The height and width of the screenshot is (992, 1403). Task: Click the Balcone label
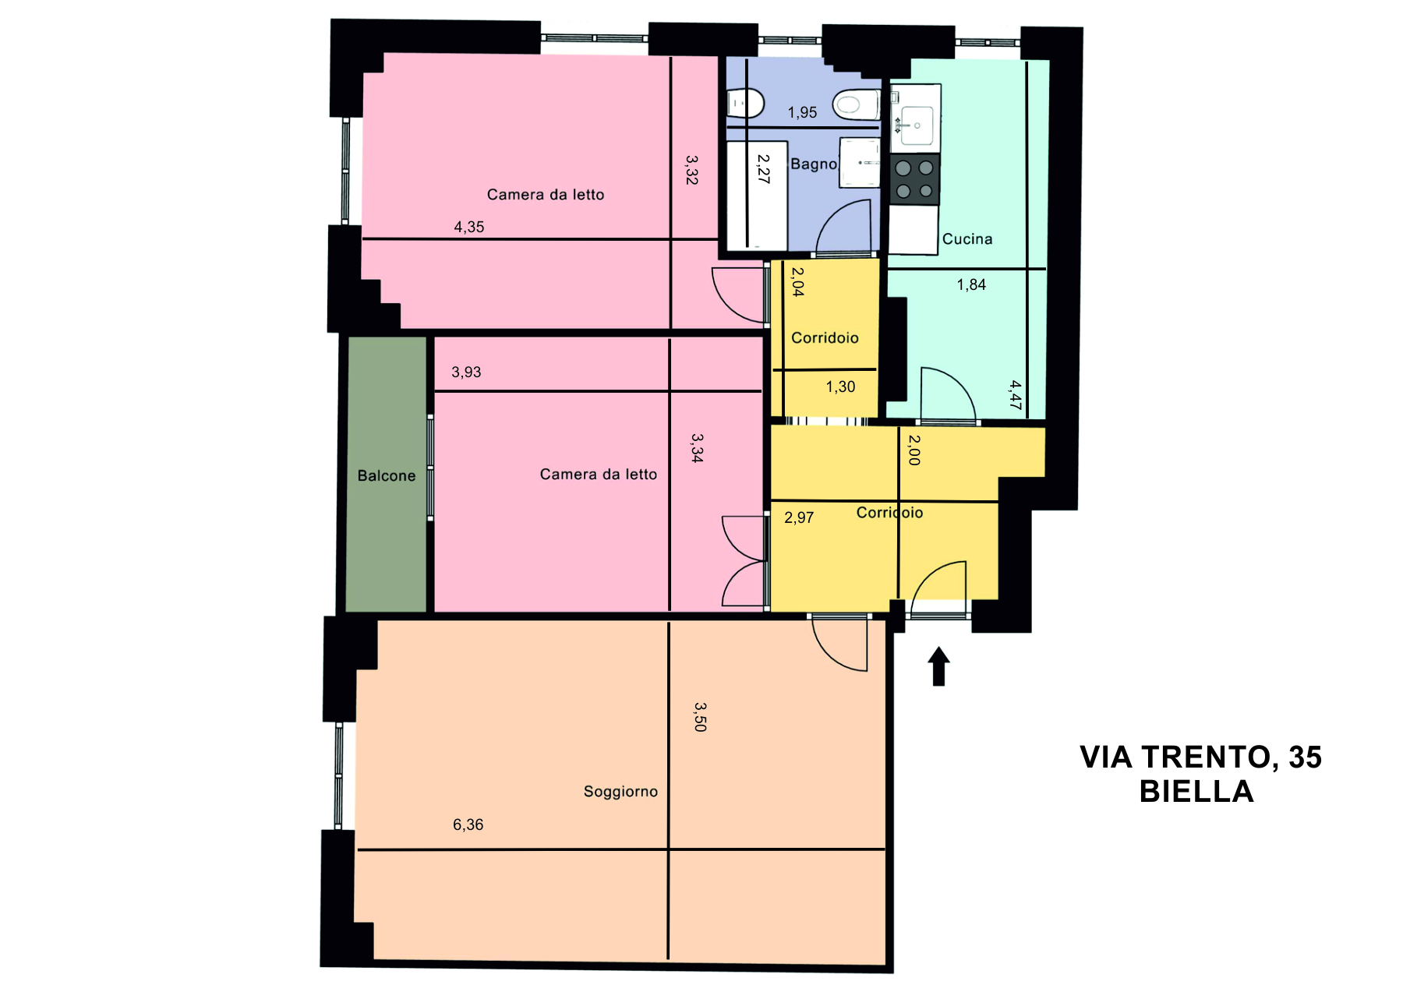(x=387, y=475)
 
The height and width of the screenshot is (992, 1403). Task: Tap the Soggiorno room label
(x=620, y=792)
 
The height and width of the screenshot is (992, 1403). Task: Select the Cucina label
(x=967, y=239)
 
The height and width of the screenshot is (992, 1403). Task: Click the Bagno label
(x=814, y=164)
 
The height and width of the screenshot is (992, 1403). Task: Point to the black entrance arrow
(x=938, y=666)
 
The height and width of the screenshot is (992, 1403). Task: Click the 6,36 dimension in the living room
(x=468, y=824)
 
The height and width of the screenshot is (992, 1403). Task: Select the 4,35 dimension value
(x=469, y=227)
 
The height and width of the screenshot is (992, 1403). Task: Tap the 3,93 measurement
(x=466, y=372)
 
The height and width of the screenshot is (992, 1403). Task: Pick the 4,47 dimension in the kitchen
(x=1015, y=395)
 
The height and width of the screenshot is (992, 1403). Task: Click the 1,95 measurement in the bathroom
(x=802, y=112)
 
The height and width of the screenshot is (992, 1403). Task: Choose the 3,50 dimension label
(x=700, y=717)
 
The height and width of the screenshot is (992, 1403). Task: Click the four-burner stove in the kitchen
(x=915, y=179)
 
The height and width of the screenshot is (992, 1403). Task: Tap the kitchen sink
(x=915, y=125)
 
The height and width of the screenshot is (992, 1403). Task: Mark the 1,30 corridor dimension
(x=840, y=387)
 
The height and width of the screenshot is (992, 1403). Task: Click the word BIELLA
(x=1196, y=792)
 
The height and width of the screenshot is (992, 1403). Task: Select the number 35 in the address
(x=1305, y=757)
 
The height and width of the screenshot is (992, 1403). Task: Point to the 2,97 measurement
(x=799, y=517)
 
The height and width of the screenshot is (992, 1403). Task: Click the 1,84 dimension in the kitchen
(x=971, y=284)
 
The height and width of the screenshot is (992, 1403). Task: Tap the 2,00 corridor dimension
(x=914, y=450)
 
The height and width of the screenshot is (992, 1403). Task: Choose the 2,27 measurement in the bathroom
(x=763, y=169)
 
